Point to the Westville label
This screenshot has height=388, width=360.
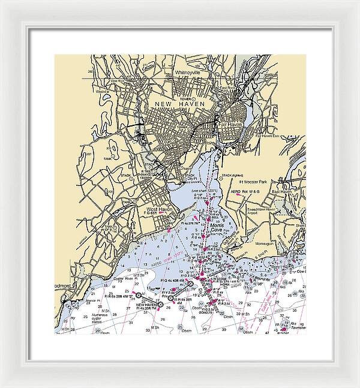click(x=100, y=92)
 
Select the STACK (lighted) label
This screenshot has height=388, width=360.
click(x=232, y=175)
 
